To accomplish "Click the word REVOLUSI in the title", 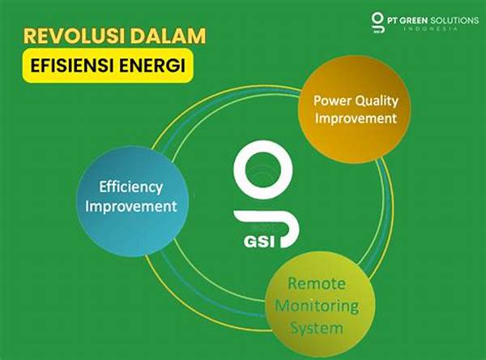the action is [x=74, y=36].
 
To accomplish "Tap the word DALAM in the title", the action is [x=168, y=36].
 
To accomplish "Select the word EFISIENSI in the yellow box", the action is [x=73, y=66].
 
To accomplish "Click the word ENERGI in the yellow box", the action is [x=152, y=66].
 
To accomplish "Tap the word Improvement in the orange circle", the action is [x=356, y=118].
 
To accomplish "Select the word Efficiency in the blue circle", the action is [x=130, y=187].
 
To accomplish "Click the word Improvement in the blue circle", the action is [x=130, y=207].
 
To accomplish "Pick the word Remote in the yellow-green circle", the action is [x=317, y=284].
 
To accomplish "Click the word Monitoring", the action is [x=317, y=306].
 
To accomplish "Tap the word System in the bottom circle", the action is [x=317, y=328].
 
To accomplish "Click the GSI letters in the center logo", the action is [x=259, y=242].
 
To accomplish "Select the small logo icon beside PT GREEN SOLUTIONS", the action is [x=377, y=23].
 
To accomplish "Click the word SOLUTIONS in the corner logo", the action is [x=454, y=20].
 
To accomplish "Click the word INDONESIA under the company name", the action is [x=431, y=28].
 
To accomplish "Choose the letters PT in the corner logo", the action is [x=392, y=20].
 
